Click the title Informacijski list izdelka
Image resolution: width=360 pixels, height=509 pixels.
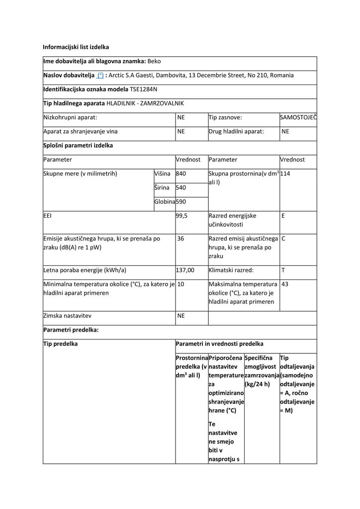(x=76, y=47)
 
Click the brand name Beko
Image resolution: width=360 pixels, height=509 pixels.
(x=154, y=62)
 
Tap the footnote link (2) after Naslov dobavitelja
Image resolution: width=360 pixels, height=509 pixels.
(x=100, y=76)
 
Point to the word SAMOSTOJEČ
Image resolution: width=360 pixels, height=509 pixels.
(x=298, y=117)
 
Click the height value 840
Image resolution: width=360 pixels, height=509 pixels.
(x=181, y=173)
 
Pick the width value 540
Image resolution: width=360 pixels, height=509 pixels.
(x=181, y=188)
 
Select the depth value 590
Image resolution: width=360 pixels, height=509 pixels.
(x=181, y=202)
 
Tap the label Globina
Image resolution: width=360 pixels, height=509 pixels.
(x=165, y=202)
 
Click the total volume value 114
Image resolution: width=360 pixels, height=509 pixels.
(x=285, y=173)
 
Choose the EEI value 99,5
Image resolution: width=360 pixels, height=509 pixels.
(x=182, y=216)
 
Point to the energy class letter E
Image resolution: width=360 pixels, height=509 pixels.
(x=283, y=216)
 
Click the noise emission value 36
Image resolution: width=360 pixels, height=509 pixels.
(x=181, y=239)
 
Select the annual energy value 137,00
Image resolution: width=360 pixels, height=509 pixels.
(x=185, y=270)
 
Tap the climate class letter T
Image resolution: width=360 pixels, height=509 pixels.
(x=283, y=270)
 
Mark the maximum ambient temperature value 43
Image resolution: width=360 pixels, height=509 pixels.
(x=285, y=284)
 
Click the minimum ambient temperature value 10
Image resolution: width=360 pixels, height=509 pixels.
(x=181, y=284)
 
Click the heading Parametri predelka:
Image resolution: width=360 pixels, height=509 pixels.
(x=71, y=330)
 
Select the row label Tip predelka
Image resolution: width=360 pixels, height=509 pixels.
(x=61, y=344)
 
